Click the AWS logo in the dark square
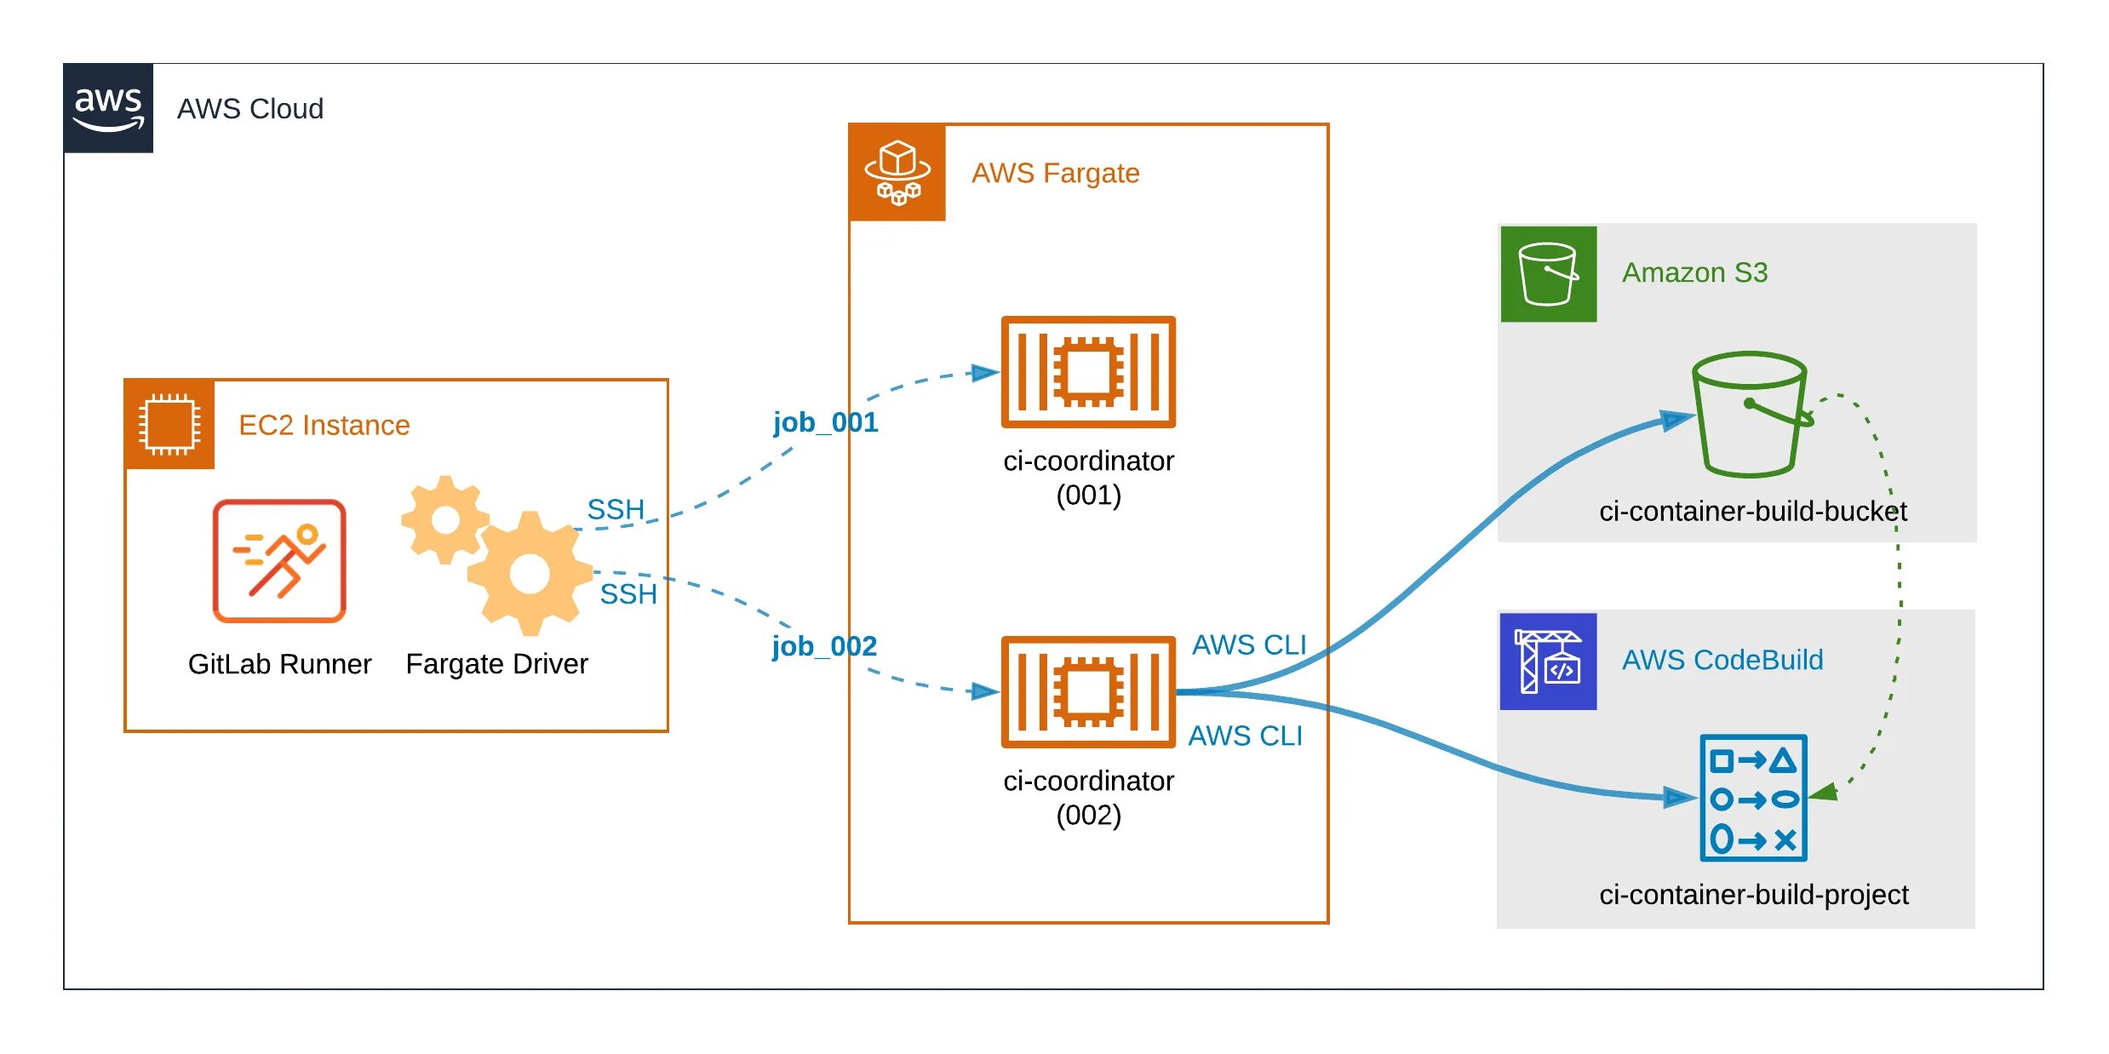pos(108,108)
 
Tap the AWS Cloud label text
pos(250,109)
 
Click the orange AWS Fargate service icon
pos(897,173)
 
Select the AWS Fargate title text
pos(1055,174)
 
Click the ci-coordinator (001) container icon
pos(1088,372)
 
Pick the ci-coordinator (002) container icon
pos(1088,692)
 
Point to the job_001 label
pos(825,422)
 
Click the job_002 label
pos(824,646)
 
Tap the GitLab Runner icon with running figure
pos(279,561)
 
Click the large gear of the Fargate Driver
pos(530,574)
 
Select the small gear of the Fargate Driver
pos(444,519)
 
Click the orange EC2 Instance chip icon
pos(169,424)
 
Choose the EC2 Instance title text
pos(324,425)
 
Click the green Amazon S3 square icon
pos(1548,274)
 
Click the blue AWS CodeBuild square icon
pos(1548,662)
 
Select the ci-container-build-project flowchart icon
pos(1753,798)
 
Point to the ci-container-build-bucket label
pos(1752,511)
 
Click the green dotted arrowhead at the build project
pos(1822,793)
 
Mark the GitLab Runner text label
pos(279,664)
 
